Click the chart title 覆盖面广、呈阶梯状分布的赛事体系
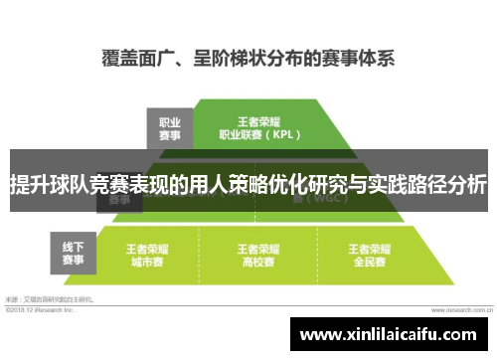click(x=248, y=56)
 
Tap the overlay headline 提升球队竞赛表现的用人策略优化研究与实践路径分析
click(x=248, y=185)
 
